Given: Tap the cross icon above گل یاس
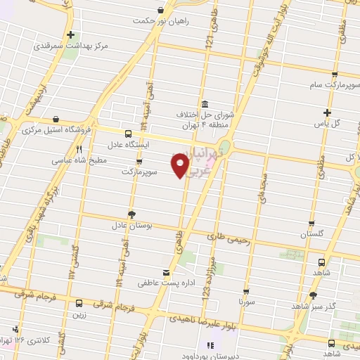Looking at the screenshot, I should (327, 112).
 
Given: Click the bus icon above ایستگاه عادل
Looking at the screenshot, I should (128, 133).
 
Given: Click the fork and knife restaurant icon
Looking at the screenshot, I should (79, 149).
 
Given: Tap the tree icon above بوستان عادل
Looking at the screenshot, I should (131, 214).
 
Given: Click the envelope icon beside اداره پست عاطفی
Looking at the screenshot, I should (166, 273).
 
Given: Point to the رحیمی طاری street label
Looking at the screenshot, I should (229, 238).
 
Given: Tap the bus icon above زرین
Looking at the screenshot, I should (78, 304).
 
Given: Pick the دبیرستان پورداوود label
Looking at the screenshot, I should (245, 346).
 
